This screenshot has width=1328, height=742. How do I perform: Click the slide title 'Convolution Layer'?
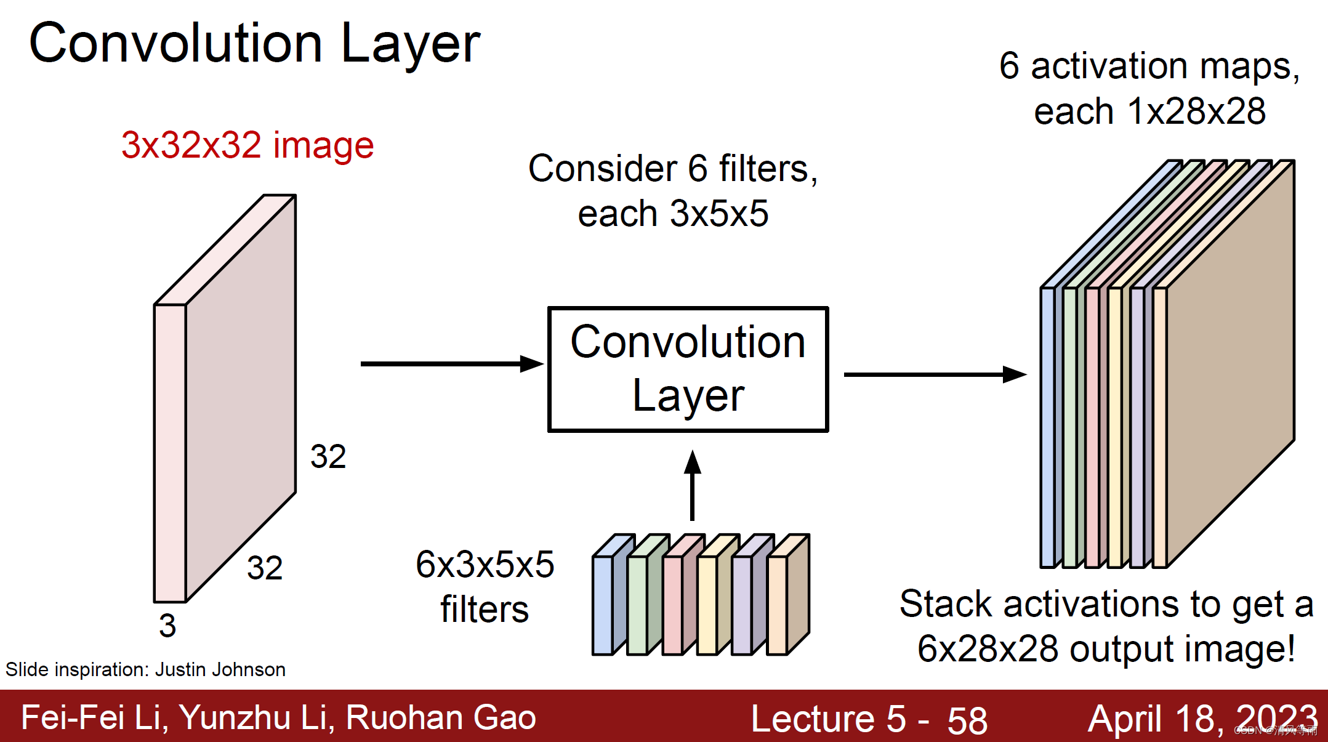tap(254, 43)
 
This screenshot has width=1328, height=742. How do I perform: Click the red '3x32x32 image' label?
tap(247, 145)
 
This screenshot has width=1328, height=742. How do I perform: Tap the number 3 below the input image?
tap(167, 626)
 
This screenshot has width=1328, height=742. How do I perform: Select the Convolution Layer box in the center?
tap(688, 369)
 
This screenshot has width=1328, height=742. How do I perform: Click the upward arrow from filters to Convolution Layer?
tap(693, 486)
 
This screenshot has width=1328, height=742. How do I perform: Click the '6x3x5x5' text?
tap(485, 564)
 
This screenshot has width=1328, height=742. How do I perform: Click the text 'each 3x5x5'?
tap(673, 214)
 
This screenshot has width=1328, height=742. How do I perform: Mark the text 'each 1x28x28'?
tap(1149, 111)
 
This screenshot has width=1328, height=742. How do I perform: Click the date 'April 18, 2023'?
tap(1202, 719)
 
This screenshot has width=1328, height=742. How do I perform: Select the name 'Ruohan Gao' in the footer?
tap(441, 718)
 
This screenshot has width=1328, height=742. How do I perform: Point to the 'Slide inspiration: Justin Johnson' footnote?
tap(145, 669)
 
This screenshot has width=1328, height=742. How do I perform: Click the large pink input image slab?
tap(240, 394)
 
